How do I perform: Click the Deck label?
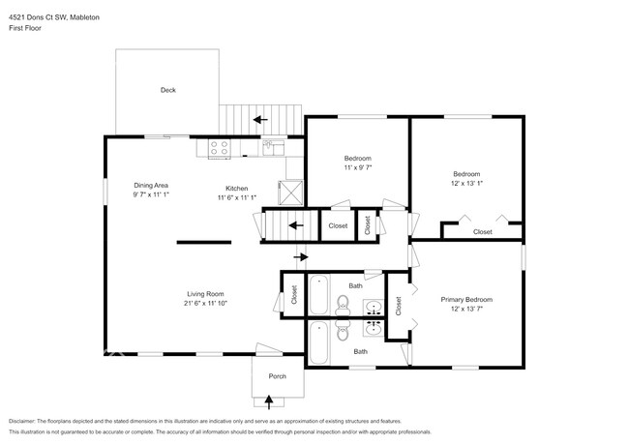coord(168,91)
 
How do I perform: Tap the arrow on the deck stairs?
coord(259,120)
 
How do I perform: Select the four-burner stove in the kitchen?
coord(219,148)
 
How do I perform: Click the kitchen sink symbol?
coord(273,147)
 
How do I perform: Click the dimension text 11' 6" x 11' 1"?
coord(236,197)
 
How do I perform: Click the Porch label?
coord(277,376)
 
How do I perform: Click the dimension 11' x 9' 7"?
coord(357,167)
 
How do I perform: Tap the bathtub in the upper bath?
coord(320,293)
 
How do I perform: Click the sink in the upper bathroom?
coord(374,307)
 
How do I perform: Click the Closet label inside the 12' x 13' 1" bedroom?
coord(482,232)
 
